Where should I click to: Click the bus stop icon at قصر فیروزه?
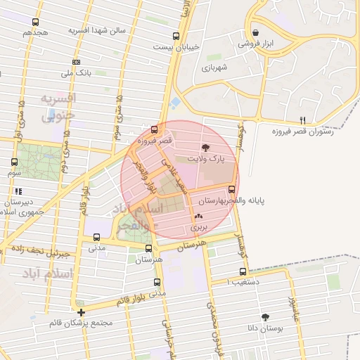[155, 129]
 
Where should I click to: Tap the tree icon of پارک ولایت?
[205, 148]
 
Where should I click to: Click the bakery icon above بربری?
[198, 217]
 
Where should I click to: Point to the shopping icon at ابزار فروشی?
[255, 32]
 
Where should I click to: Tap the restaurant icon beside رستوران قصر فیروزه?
[303, 120]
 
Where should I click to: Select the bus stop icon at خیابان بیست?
[176, 36]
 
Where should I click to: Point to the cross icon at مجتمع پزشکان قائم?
[82, 312]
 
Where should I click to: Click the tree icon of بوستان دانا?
[265, 317]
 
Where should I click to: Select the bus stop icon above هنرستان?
[148, 249]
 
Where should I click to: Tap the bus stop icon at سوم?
[15, 162]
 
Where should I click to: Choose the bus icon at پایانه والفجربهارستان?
[232, 189]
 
